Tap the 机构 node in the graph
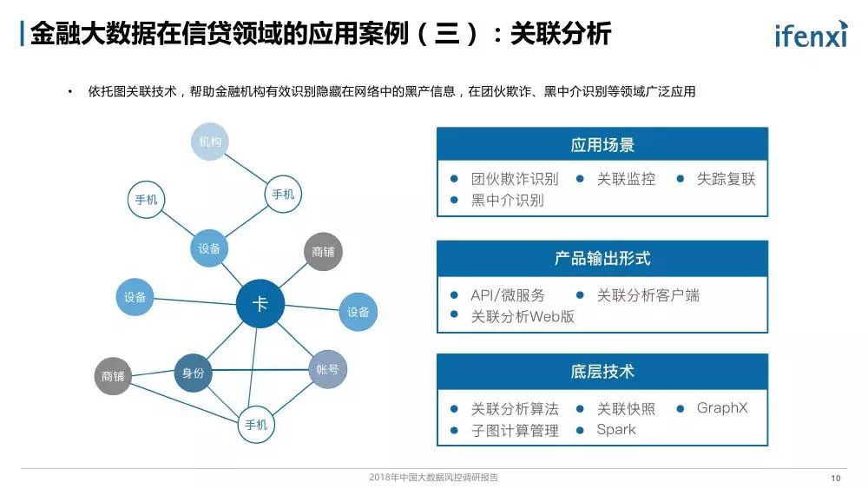click(x=209, y=142)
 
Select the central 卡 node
click(x=260, y=304)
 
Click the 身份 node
click(x=193, y=373)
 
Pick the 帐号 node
click(x=327, y=369)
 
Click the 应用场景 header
click(x=602, y=145)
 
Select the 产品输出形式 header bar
click(x=602, y=258)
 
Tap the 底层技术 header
click(x=602, y=372)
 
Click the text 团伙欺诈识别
click(x=514, y=180)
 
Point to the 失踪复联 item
click(x=726, y=180)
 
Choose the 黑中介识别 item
click(x=507, y=201)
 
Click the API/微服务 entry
click(x=508, y=295)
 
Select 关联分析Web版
click(x=522, y=316)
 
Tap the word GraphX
click(x=721, y=408)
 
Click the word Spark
click(x=615, y=430)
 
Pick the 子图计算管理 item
click(x=514, y=430)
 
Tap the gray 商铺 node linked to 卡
click(x=323, y=252)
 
